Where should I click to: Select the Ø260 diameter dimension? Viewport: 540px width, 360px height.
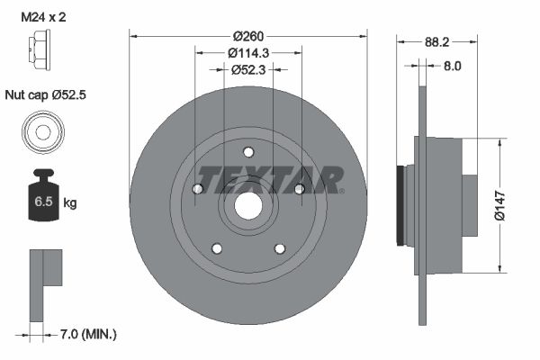[247, 37]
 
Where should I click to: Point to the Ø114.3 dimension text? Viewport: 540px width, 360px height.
[247, 53]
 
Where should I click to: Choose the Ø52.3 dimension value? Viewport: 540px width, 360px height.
[247, 69]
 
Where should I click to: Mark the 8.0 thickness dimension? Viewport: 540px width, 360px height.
[452, 66]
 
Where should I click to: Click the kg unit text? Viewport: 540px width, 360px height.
[69, 203]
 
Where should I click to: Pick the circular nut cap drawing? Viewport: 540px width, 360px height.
[42, 132]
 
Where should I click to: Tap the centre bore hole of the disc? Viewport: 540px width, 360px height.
[247, 206]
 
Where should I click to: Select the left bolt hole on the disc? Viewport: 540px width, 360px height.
[197, 188]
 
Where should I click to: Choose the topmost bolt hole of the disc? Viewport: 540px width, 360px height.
[247, 152]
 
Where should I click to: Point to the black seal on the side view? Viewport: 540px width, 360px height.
[400, 205]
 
